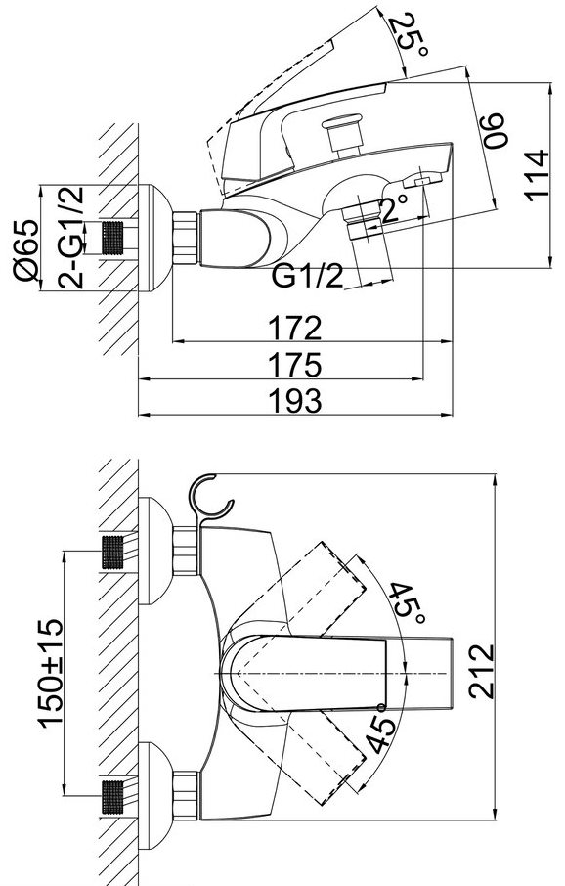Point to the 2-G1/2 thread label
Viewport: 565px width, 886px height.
pyautogui.click(x=71, y=238)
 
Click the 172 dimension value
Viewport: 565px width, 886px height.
pyautogui.click(x=295, y=329)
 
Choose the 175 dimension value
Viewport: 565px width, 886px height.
pyautogui.click(x=295, y=365)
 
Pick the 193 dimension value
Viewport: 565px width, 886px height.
pyautogui.click(x=295, y=401)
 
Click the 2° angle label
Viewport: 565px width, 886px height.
pyautogui.click(x=394, y=209)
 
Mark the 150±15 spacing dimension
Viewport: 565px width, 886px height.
pyautogui.click(x=51, y=673)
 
